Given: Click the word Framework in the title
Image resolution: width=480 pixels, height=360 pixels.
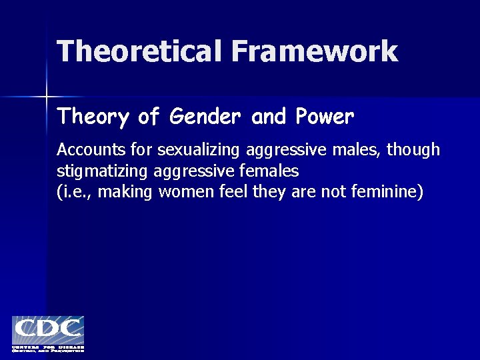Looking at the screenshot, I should pyautogui.click(x=315, y=51).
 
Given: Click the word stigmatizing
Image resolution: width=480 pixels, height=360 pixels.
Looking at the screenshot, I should pyautogui.click(x=103, y=171).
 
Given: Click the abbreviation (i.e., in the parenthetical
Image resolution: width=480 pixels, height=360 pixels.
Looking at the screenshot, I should pyautogui.click(x=75, y=193).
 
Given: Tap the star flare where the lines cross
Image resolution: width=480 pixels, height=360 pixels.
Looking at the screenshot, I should pyautogui.click(x=47, y=97).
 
